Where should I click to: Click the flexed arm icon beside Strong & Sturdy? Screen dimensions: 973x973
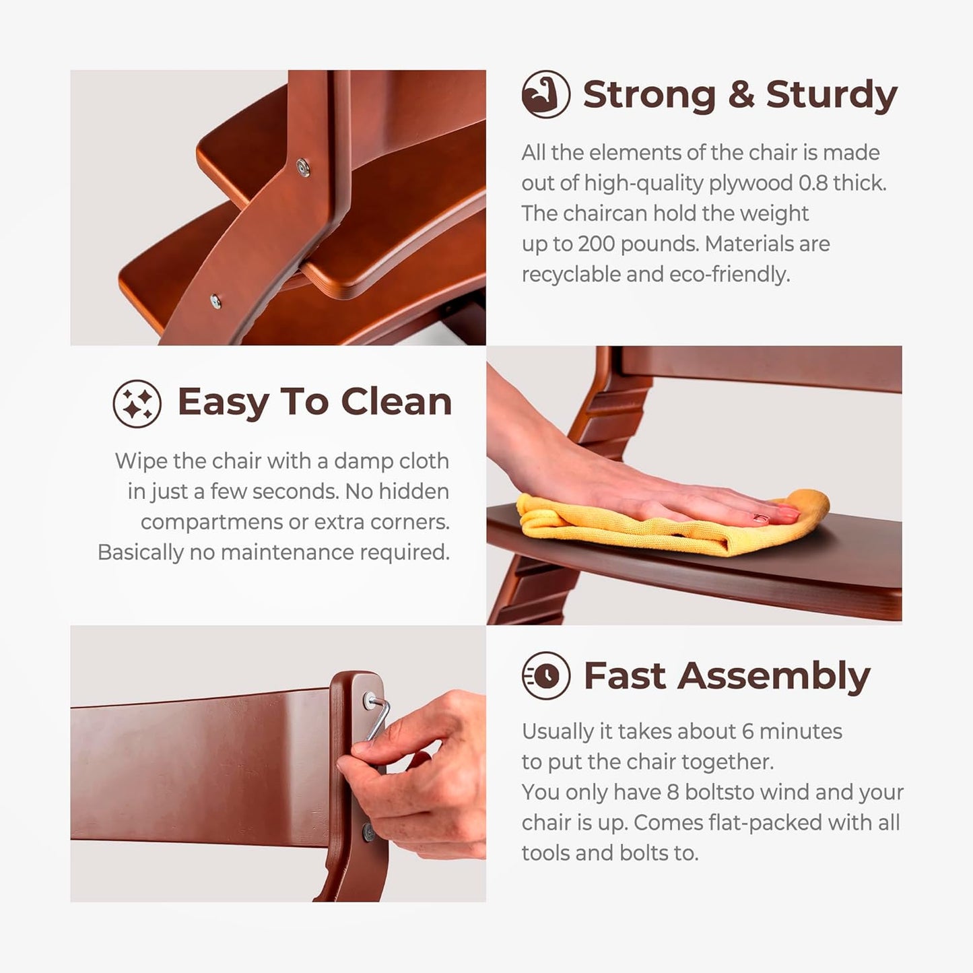546,94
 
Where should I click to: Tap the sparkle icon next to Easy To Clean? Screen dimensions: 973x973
137,403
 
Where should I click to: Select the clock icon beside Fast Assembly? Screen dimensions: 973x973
546,675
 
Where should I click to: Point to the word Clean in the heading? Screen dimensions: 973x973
397,402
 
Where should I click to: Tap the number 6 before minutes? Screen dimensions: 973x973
748,732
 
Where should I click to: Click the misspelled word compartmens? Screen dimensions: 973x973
211,523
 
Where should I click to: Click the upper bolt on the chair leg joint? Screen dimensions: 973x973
303,166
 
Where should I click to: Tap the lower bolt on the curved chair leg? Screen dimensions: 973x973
215,302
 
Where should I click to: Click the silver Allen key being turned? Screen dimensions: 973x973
378,718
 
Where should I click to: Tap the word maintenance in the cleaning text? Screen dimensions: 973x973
288,553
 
